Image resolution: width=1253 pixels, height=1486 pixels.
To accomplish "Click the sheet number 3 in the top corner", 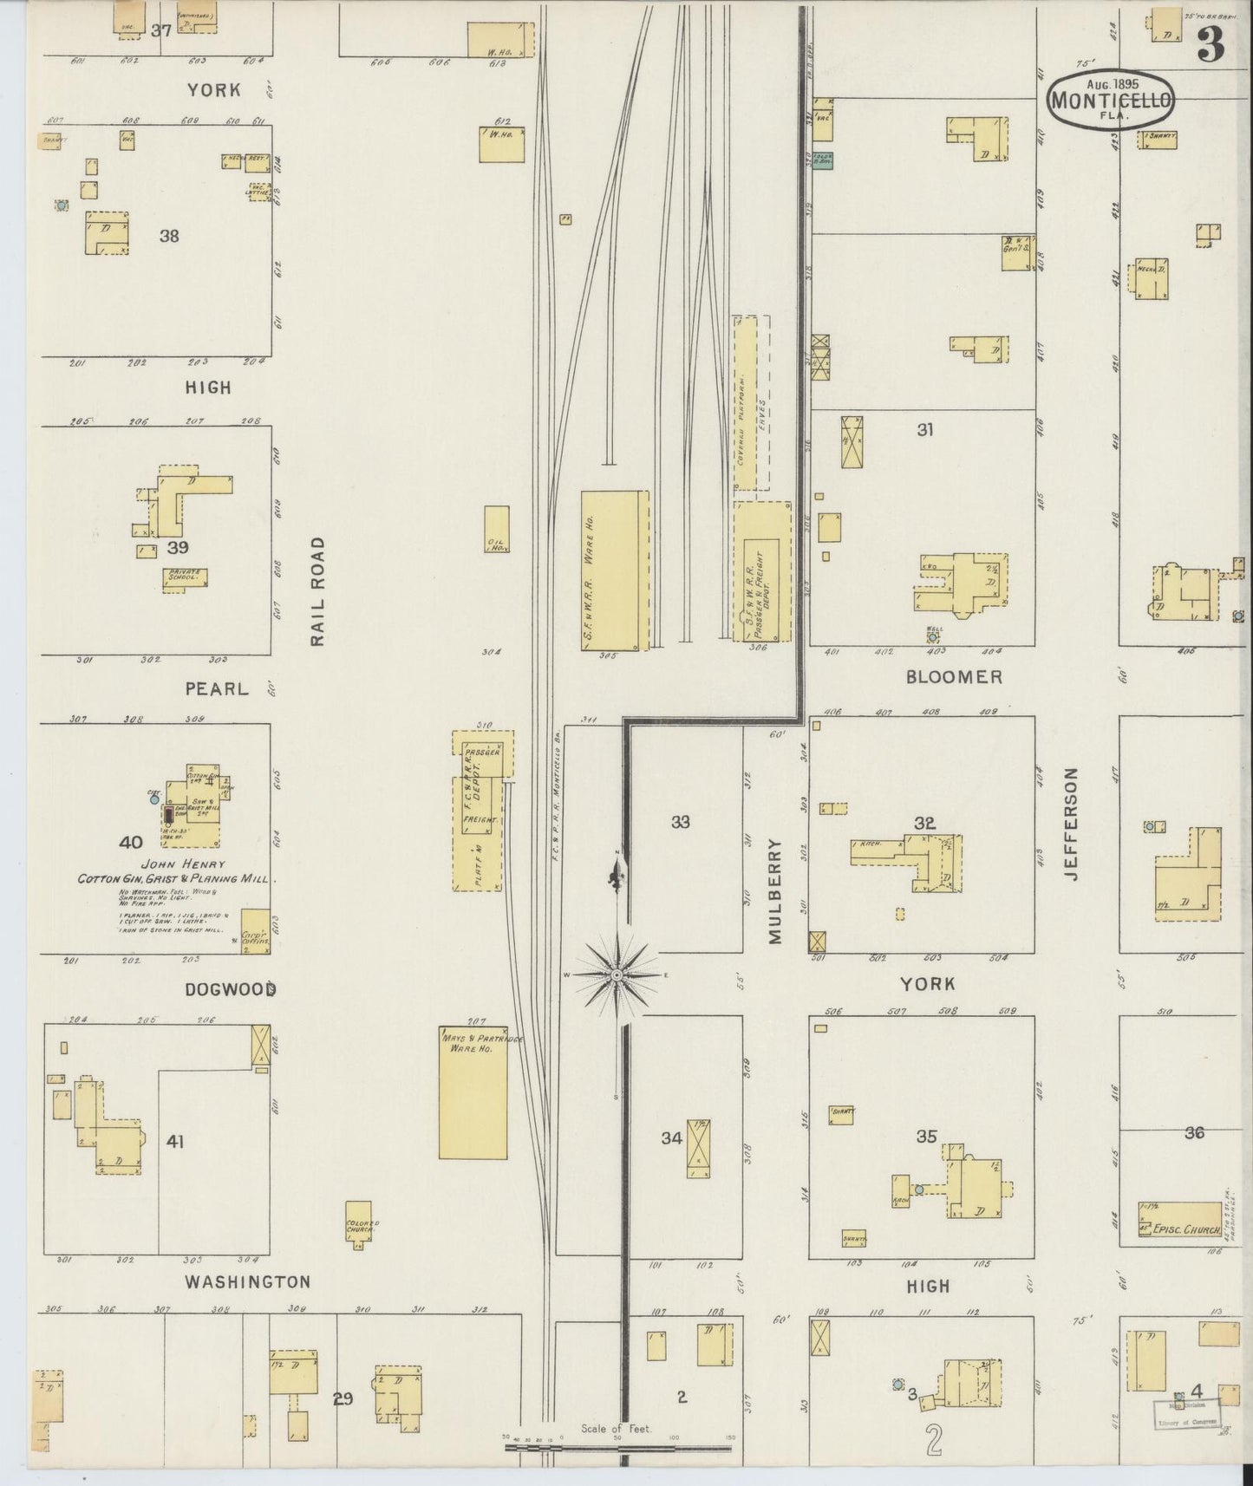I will pos(1211,43).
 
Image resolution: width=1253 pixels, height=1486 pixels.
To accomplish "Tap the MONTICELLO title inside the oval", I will pos(1111,100).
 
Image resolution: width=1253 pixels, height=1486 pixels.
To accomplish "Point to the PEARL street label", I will pos(217,688).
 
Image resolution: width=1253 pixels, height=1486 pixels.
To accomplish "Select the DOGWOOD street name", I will pos(231,989).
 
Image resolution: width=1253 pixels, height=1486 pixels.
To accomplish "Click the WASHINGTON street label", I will pos(248,1281).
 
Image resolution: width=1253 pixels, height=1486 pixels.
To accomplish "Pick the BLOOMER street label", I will pos(954,677).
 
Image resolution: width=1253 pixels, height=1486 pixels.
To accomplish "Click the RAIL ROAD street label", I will pos(317,591).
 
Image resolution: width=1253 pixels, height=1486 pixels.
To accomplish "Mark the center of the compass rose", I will pos(616,975).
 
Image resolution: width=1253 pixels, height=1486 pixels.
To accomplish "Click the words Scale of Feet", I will pos(616,1429).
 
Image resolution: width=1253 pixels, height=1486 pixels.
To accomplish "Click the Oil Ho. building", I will pos(497,531).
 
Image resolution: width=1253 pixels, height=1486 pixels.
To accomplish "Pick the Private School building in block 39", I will pos(186,578).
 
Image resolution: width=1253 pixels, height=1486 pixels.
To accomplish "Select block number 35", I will pos(926,1136).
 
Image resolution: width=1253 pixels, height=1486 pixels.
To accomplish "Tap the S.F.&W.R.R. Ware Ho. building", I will pos(614,570).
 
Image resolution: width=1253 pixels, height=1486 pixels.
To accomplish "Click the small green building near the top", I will pos(823,160).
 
